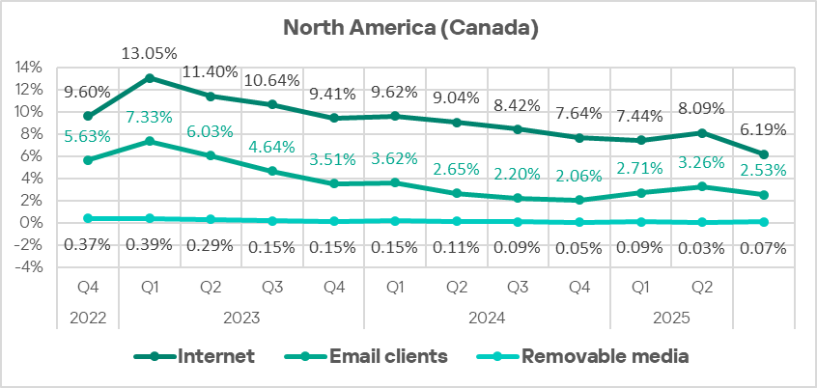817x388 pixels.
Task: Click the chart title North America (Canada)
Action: tap(409, 28)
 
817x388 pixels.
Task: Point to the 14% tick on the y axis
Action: tap(29, 68)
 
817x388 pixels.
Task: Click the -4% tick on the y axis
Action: tap(29, 267)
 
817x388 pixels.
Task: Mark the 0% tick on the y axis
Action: tap(32, 223)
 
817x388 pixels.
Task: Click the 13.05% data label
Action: tap(149, 54)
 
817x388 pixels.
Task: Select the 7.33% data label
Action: tap(149, 118)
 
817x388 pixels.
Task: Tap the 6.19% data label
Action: tap(764, 129)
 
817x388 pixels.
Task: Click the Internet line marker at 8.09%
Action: tap(702, 133)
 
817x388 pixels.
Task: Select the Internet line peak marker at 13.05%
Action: tap(149, 78)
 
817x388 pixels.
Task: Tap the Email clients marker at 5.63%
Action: tap(87, 160)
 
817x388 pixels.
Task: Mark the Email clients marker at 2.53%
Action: tap(764, 195)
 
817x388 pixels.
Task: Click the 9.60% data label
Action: tap(87, 93)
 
